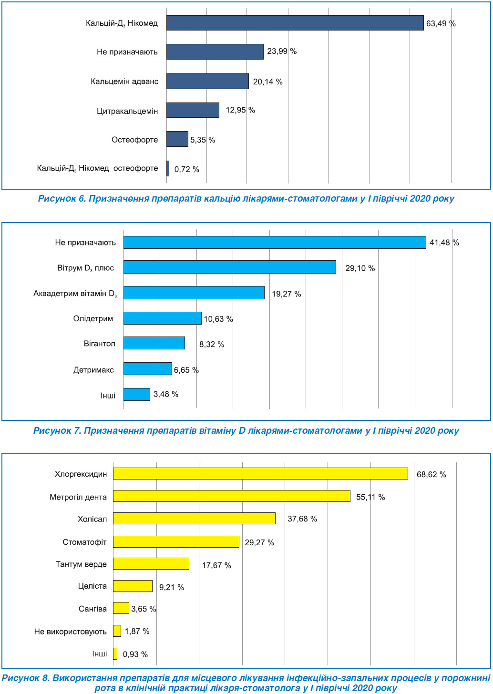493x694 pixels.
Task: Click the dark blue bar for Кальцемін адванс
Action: coord(207,81)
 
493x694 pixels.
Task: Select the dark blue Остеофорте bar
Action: coord(177,139)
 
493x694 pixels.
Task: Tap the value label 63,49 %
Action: coord(441,23)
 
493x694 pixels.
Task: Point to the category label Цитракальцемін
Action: coord(127,111)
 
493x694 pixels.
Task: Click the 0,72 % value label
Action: coord(186,169)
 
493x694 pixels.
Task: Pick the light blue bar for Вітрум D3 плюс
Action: coord(230,267)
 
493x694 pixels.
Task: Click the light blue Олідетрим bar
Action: coord(163,318)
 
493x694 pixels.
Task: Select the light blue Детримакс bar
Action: coord(147,369)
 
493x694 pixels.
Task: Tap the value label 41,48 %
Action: coord(444,243)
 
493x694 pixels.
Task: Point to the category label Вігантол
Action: coord(100,344)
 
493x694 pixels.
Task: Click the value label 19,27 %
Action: coord(287,294)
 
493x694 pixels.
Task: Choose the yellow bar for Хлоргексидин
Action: coord(260,473)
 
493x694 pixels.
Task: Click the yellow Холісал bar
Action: coord(194,518)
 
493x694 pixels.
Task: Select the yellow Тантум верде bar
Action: coord(151,563)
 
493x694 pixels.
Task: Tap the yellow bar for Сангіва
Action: coord(121,608)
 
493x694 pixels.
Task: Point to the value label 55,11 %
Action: coord(370,497)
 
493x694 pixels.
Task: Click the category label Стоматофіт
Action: coord(84,542)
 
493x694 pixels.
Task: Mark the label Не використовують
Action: coord(71,632)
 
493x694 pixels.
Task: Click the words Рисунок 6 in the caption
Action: coord(62,199)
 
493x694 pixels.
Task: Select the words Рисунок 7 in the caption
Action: coord(57,431)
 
